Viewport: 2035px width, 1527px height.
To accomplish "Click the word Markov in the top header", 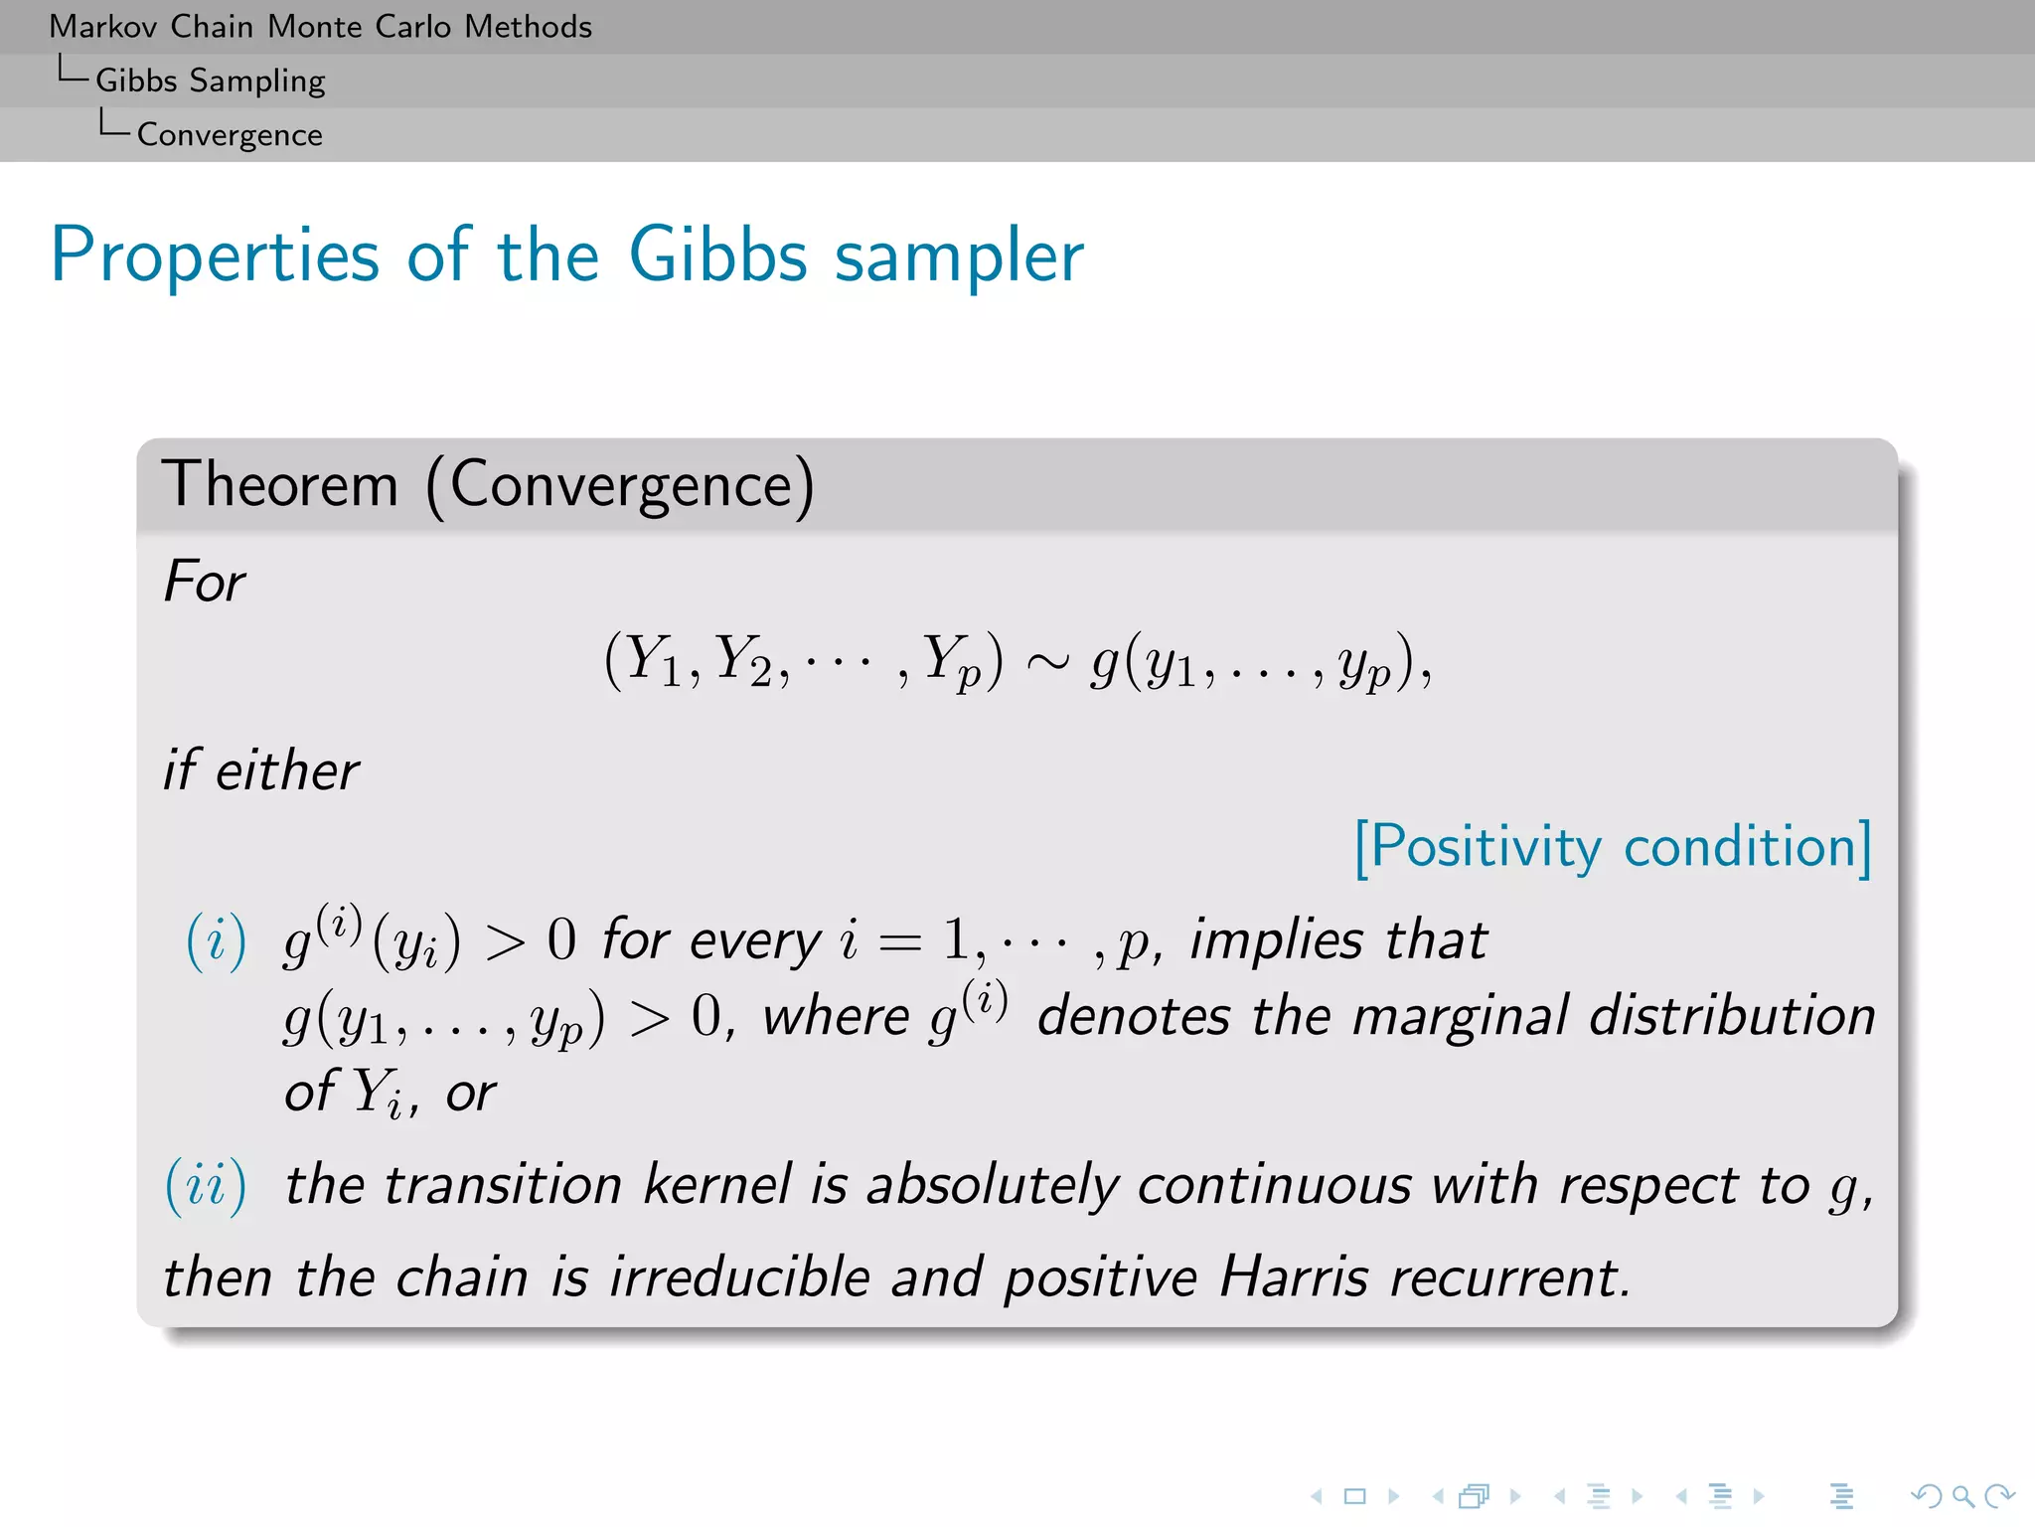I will click(103, 27).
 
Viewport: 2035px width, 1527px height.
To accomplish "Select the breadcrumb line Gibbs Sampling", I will click(210, 81).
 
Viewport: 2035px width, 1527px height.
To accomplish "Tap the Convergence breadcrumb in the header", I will click(230, 134).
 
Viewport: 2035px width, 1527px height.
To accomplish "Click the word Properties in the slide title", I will click(215, 256).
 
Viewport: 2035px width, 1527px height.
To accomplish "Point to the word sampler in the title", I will click(959, 256).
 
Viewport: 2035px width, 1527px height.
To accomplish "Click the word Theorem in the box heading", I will click(280, 485).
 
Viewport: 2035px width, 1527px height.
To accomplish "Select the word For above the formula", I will click(205, 582).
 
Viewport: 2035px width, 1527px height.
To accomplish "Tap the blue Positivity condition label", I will click(1614, 848).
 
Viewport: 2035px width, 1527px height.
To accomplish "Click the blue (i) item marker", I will click(216, 940).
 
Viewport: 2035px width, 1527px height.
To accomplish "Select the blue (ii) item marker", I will click(206, 1186).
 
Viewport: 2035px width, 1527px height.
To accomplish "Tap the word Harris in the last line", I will click(1294, 1277).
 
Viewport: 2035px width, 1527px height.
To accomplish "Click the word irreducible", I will click(739, 1277).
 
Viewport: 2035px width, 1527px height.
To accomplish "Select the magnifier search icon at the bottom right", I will click(1962, 1495).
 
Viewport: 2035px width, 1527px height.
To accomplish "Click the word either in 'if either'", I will click(287, 770).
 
